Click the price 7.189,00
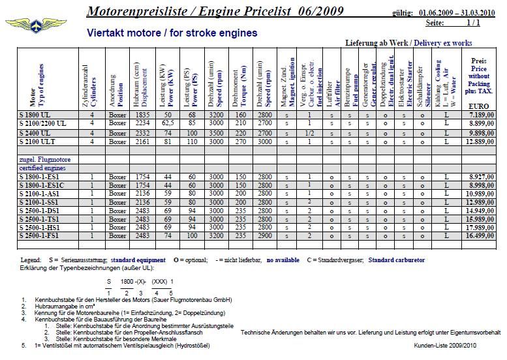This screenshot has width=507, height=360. click(x=482, y=115)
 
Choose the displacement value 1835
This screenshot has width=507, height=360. click(x=144, y=115)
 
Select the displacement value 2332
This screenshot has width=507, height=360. click(x=144, y=132)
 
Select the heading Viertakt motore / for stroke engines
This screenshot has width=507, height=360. click(x=172, y=33)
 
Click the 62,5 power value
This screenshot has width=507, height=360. click(x=168, y=123)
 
